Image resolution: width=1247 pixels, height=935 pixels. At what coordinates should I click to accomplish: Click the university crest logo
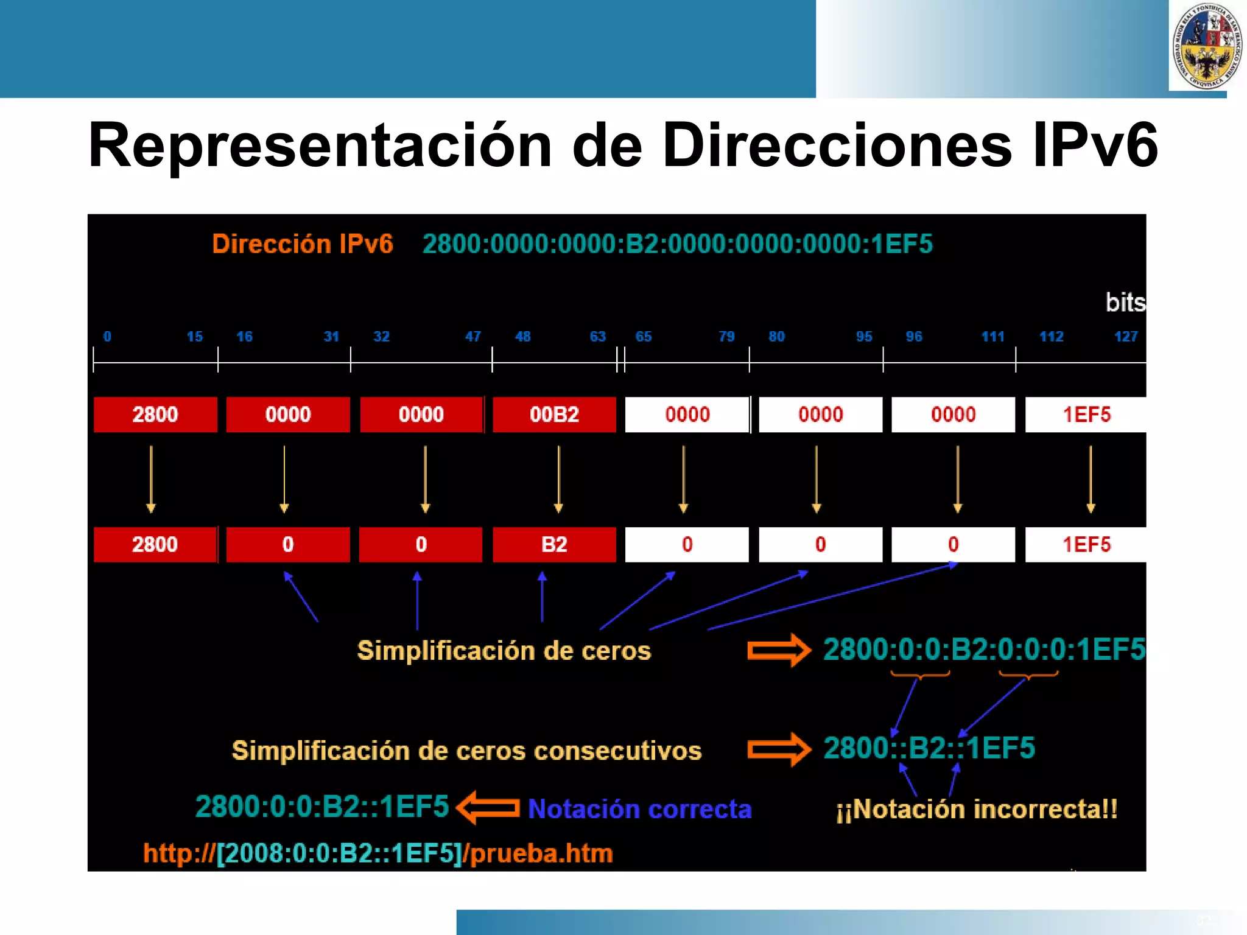coord(1207,46)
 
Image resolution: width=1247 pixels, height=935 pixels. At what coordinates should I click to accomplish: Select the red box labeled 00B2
coord(554,415)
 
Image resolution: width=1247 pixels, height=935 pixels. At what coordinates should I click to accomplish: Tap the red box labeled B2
coord(554,544)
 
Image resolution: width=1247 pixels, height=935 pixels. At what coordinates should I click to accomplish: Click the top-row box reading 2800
coord(155,415)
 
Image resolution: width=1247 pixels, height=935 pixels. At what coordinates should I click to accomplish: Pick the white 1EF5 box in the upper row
coord(1086,415)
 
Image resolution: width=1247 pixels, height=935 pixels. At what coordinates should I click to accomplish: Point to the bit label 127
coord(1125,337)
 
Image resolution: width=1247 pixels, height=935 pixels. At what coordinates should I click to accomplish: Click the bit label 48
coord(522,337)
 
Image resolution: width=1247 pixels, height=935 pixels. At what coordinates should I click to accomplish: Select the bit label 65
coord(643,337)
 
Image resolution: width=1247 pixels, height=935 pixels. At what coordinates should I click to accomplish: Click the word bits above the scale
coord(1125,303)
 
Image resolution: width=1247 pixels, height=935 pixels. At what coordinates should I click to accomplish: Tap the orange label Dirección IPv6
coord(302,244)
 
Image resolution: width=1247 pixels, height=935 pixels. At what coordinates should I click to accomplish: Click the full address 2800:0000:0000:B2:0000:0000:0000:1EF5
coord(677,244)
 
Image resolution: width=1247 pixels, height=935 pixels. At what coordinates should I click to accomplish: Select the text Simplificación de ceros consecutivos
coord(466,751)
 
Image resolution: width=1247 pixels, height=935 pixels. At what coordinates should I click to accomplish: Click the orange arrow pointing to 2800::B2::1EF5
coord(779,749)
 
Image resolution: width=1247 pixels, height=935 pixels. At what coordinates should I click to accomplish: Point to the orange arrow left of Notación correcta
coord(488,808)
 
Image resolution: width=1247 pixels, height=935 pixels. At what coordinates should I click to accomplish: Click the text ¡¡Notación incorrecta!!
coord(977,810)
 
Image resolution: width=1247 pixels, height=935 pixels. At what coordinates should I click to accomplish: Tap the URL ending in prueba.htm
coord(378,853)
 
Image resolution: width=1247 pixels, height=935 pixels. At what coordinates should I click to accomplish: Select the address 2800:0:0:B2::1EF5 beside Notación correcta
coord(321,807)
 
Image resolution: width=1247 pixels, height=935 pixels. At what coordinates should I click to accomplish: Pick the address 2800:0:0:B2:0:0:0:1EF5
coord(983,650)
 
